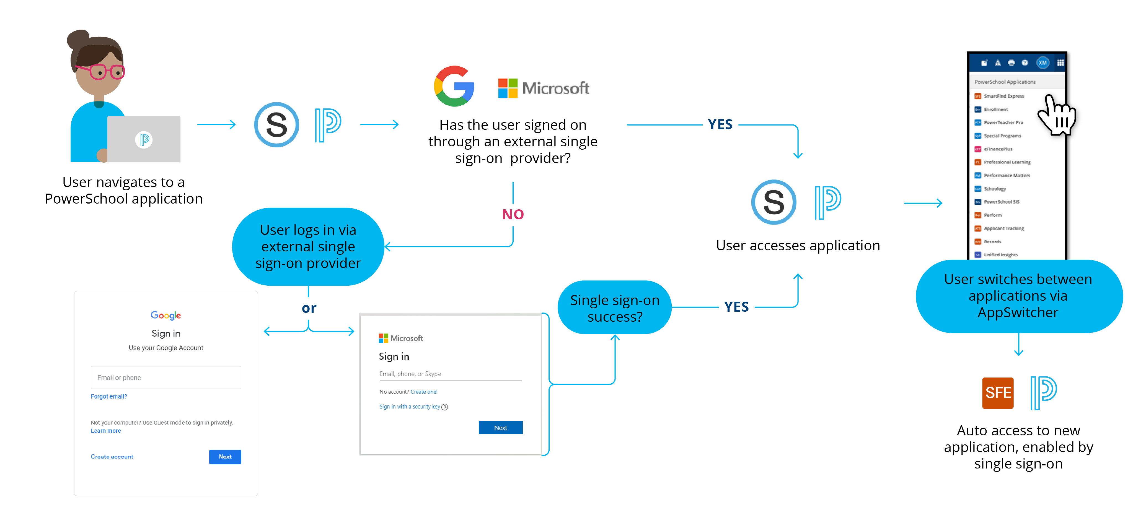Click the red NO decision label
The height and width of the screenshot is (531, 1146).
(x=513, y=215)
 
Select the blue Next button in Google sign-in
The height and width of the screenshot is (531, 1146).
(x=225, y=457)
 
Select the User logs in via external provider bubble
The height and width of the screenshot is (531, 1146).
(x=308, y=247)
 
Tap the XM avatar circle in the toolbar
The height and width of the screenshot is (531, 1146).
(x=1042, y=63)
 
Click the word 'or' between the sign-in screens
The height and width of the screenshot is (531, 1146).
(x=309, y=308)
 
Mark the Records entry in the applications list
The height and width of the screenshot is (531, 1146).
(x=992, y=241)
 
